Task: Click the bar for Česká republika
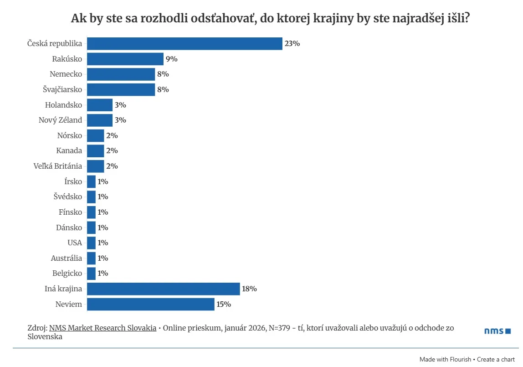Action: coord(185,44)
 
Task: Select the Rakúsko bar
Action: coord(125,59)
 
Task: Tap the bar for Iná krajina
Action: coord(163,289)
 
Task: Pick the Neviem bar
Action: coord(150,304)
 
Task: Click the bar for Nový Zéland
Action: coord(99,120)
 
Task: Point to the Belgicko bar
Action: coord(91,274)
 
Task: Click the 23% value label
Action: coord(292,44)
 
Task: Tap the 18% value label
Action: coord(250,289)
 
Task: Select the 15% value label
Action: coord(224,304)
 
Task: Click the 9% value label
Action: coord(172,59)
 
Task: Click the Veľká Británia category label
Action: coord(58,166)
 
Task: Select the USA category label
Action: coord(75,243)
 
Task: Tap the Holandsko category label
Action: coord(64,105)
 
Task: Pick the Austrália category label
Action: coord(67,258)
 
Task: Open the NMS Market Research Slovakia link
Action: coord(103,328)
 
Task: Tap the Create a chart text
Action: coord(496,359)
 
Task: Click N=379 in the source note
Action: coord(281,328)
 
